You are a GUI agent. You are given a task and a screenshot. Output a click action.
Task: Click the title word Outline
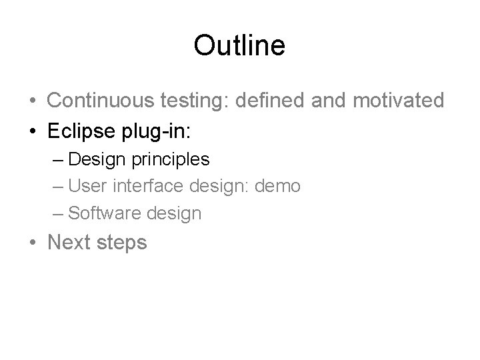pyautogui.click(x=239, y=45)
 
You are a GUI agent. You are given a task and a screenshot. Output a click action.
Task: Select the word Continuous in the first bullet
pyautogui.click(x=100, y=101)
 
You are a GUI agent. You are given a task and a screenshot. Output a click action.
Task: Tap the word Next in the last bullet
pyautogui.click(x=71, y=242)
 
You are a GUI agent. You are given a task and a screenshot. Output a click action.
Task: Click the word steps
pyautogui.click(x=123, y=243)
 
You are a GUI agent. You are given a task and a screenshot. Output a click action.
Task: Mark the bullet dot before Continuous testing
pyautogui.click(x=32, y=101)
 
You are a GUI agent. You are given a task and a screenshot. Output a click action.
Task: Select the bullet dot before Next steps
pyautogui.click(x=32, y=242)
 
